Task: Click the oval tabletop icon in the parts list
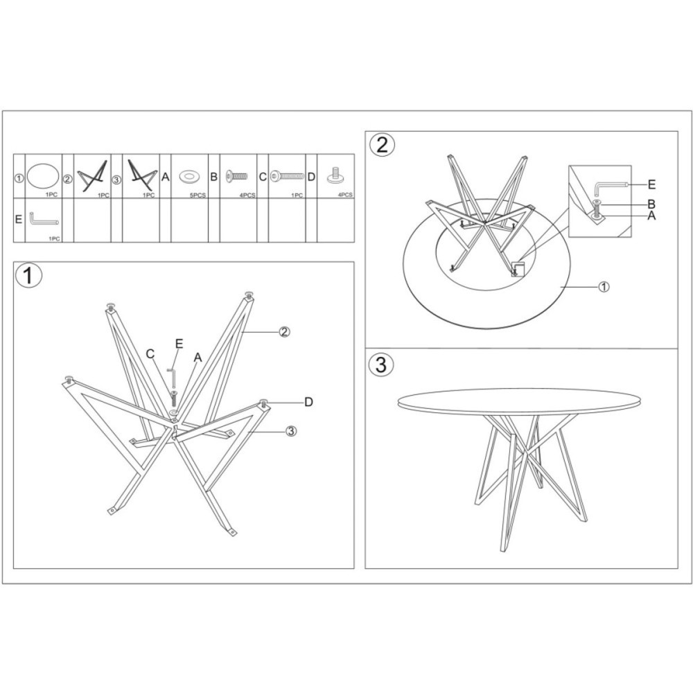(x=43, y=176)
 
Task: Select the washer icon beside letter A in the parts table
(x=189, y=177)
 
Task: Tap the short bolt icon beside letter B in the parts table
(x=236, y=176)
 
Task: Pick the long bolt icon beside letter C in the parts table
(x=288, y=176)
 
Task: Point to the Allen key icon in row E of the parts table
(x=43, y=219)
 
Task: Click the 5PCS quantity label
(x=198, y=195)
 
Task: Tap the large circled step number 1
(x=28, y=275)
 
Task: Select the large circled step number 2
(x=382, y=144)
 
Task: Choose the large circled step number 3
(x=380, y=365)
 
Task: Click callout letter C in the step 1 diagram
(x=150, y=353)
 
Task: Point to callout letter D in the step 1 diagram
(x=308, y=402)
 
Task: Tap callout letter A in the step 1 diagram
(x=198, y=357)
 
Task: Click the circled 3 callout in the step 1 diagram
(x=291, y=430)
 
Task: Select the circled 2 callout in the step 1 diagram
(x=284, y=331)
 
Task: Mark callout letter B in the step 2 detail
(x=651, y=204)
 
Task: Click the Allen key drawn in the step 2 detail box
(x=611, y=186)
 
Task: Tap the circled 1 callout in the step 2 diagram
(x=604, y=286)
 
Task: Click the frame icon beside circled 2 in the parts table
(x=92, y=176)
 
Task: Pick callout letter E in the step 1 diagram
(x=179, y=344)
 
